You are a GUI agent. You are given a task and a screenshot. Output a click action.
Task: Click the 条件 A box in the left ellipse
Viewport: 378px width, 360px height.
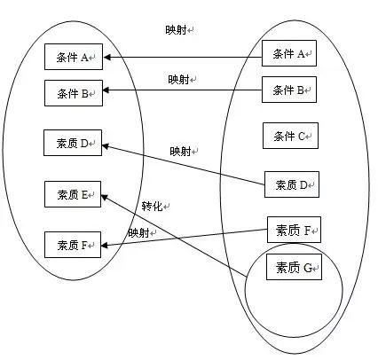coord(74,57)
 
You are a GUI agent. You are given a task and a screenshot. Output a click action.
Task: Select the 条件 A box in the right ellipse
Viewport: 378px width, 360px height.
coord(289,53)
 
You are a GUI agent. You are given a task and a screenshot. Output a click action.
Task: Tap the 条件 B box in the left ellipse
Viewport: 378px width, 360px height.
coord(74,93)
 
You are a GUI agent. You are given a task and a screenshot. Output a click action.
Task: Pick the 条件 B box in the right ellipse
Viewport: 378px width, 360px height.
coord(289,90)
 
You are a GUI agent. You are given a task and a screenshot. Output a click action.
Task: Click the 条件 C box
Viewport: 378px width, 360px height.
coord(290,136)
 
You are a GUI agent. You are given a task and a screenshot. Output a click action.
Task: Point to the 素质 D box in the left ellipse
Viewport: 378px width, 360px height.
coord(73,143)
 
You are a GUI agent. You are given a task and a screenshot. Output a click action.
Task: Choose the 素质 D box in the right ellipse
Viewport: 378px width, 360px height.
coord(292,184)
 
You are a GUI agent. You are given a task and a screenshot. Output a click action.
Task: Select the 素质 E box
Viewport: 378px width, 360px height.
coord(73,194)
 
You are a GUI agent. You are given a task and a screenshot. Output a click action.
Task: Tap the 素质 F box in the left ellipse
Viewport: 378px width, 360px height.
coord(73,245)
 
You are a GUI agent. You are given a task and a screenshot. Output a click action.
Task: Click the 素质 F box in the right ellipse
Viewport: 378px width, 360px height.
coord(294,230)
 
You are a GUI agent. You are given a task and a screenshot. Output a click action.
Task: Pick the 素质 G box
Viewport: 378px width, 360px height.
coord(294,267)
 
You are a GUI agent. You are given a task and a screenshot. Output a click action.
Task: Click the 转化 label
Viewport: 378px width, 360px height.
coord(152,206)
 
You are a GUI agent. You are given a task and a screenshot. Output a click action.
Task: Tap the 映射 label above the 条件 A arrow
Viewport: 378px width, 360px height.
coord(176,30)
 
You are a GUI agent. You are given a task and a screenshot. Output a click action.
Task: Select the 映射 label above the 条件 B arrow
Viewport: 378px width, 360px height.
coord(178,79)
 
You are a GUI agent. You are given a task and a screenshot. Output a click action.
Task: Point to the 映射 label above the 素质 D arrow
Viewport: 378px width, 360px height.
coord(180,152)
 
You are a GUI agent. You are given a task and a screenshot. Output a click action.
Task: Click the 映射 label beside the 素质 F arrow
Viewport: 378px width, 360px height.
coord(138,233)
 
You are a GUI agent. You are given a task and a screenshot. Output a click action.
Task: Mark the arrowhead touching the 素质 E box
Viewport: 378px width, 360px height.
coord(105,198)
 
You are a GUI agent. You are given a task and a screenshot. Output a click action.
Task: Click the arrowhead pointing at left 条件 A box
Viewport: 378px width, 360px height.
coord(106,57)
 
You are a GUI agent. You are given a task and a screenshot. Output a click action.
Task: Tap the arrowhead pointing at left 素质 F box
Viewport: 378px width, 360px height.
coord(105,245)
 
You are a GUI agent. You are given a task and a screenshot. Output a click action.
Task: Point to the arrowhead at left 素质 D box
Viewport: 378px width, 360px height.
coord(106,145)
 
